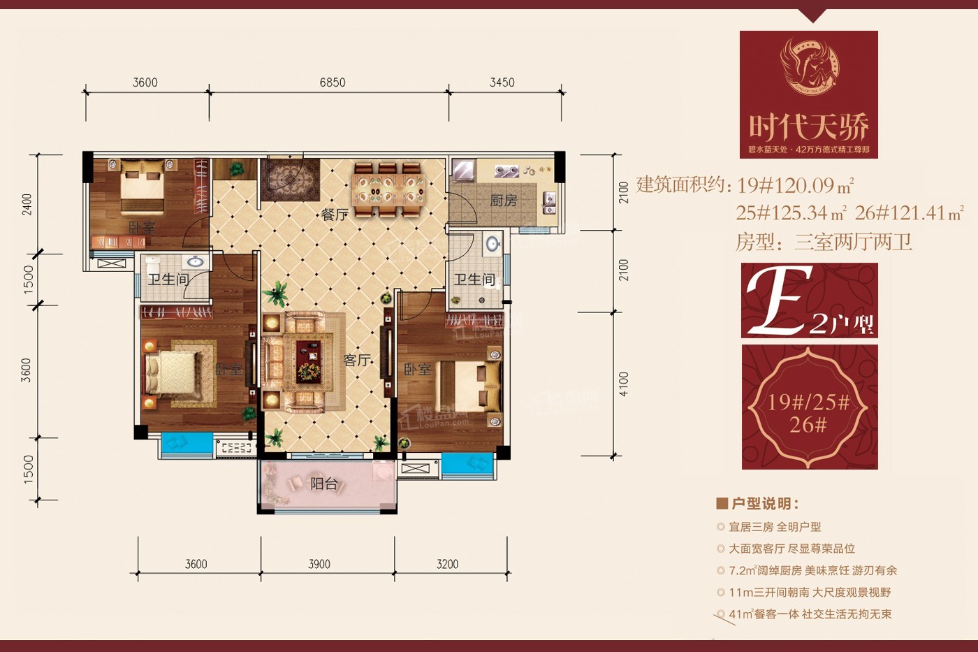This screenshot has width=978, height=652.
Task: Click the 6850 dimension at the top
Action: pyautogui.click(x=333, y=82)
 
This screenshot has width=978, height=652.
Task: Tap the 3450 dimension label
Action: pyautogui.click(x=502, y=82)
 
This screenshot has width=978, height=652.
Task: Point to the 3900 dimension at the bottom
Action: pyautogui.click(x=319, y=564)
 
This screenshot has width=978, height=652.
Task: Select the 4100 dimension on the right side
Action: pyautogui.click(x=623, y=384)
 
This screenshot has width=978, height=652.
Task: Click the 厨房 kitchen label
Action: pyautogui.click(x=503, y=201)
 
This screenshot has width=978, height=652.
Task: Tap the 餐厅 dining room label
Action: pyautogui.click(x=335, y=215)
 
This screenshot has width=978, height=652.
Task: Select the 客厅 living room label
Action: pyautogui.click(x=356, y=360)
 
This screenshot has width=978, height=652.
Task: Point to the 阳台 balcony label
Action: pyautogui.click(x=323, y=484)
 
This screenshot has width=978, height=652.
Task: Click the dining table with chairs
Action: pyautogui.click(x=388, y=189)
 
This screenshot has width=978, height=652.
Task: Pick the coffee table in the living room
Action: pyautogui.click(x=308, y=361)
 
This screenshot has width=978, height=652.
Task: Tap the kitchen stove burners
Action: pyautogui.click(x=506, y=171)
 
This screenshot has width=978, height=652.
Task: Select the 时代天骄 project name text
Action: pyautogui.click(x=808, y=126)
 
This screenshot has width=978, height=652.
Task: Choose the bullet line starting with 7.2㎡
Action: pyautogui.click(x=812, y=570)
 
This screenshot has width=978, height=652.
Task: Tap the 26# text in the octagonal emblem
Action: pyautogui.click(x=808, y=424)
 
